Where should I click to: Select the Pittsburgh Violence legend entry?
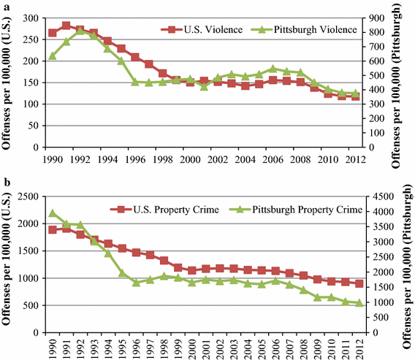point(307,30)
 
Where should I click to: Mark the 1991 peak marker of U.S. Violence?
point(66,26)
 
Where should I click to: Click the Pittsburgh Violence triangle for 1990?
point(53,55)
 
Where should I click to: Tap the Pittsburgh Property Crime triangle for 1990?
point(53,213)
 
